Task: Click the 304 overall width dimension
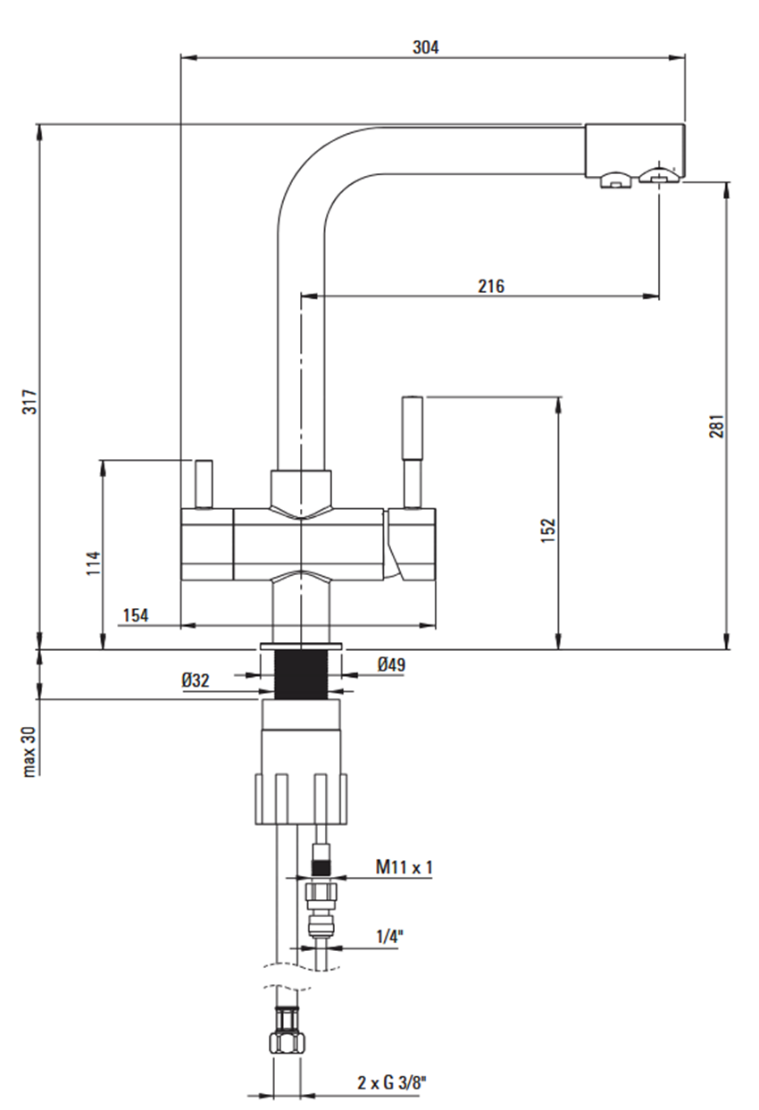pos(426,47)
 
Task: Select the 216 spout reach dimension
pos(491,287)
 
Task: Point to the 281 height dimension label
pos(717,426)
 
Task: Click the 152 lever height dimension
pos(548,530)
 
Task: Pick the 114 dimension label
pos(93,563)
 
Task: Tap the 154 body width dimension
pos(136,615)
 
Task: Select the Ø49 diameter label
pos(391,664)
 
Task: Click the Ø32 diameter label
pos(196,680)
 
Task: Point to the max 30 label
pos(29,752)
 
